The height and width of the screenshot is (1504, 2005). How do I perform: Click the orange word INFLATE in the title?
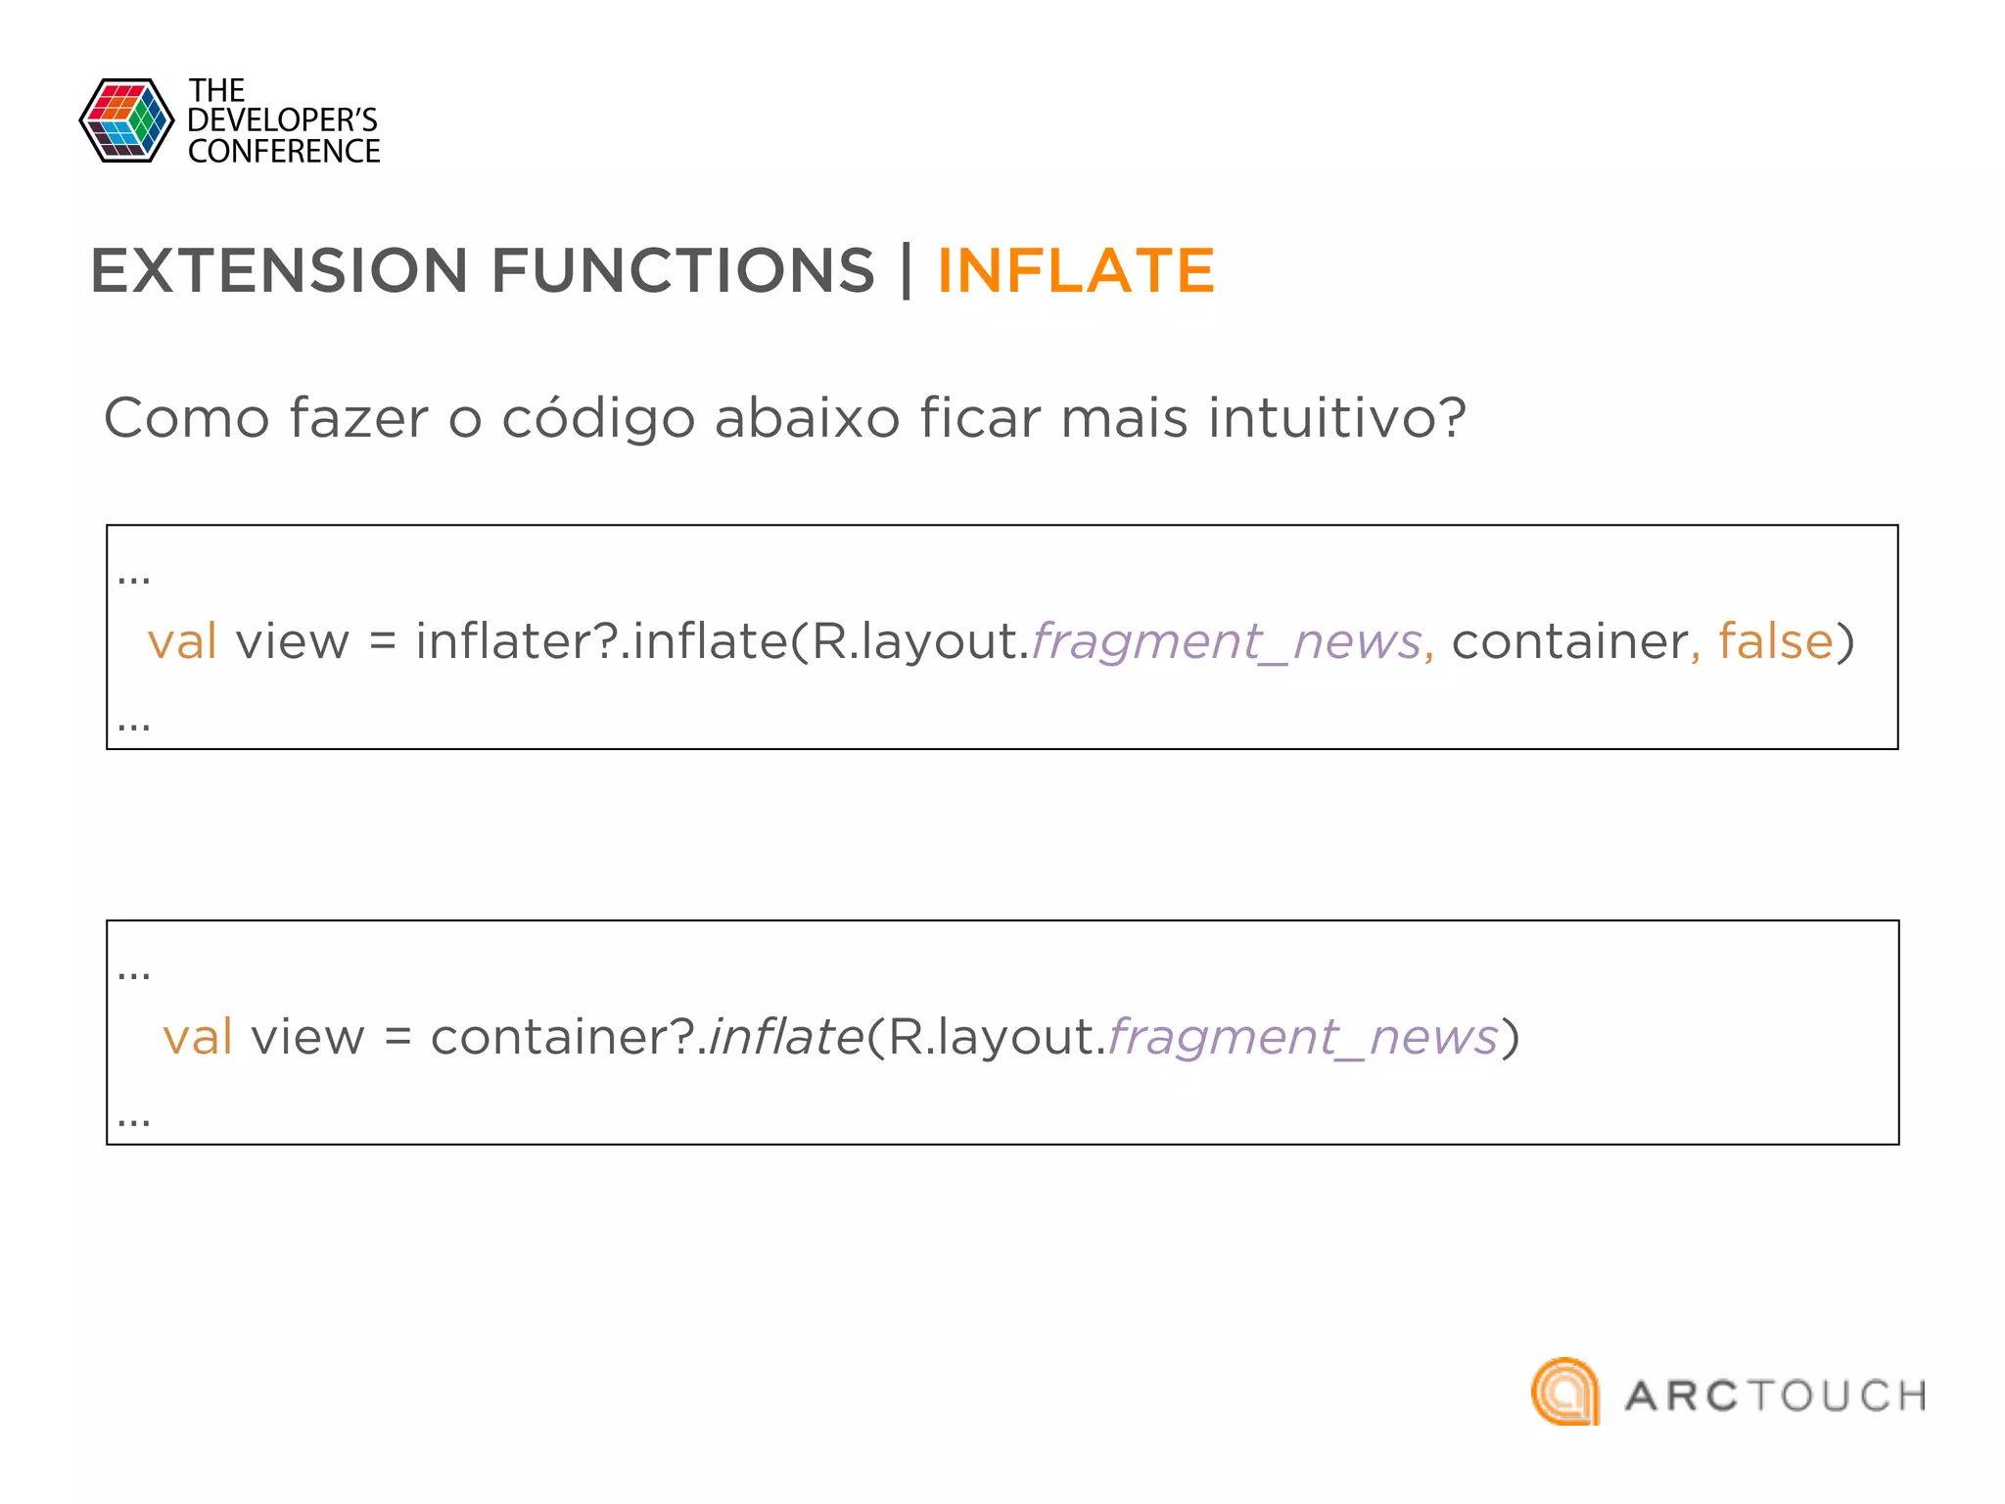click(x=1075, y=271)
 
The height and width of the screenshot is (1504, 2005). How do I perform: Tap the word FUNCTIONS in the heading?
click(x=682, y=271)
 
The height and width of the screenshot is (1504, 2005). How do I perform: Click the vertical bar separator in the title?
click(x=907, y=271)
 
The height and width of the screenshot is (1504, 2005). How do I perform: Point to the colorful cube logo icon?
click(x=126, y=120)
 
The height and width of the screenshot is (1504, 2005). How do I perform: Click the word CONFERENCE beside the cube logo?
click(x=284, y=152)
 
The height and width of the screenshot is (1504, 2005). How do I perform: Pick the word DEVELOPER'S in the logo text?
click(x=282, y=120)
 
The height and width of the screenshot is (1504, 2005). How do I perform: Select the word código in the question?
click(x=599, y=419)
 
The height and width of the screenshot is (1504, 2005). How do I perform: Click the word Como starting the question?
click(x=186, y=419)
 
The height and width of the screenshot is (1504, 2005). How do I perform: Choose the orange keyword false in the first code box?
click(x=1775, y=642)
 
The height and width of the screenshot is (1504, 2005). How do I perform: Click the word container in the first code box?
click(x=1569, y=642)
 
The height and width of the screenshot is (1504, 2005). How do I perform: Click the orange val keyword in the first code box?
click(x=182, y=642)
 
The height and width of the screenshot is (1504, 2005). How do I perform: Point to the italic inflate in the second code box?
click(x=785, y=1037)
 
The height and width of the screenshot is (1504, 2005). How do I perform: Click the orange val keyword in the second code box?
click(x=198, y=1037)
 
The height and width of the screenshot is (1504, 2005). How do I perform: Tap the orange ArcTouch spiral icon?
click(x=1564, y=1391)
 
